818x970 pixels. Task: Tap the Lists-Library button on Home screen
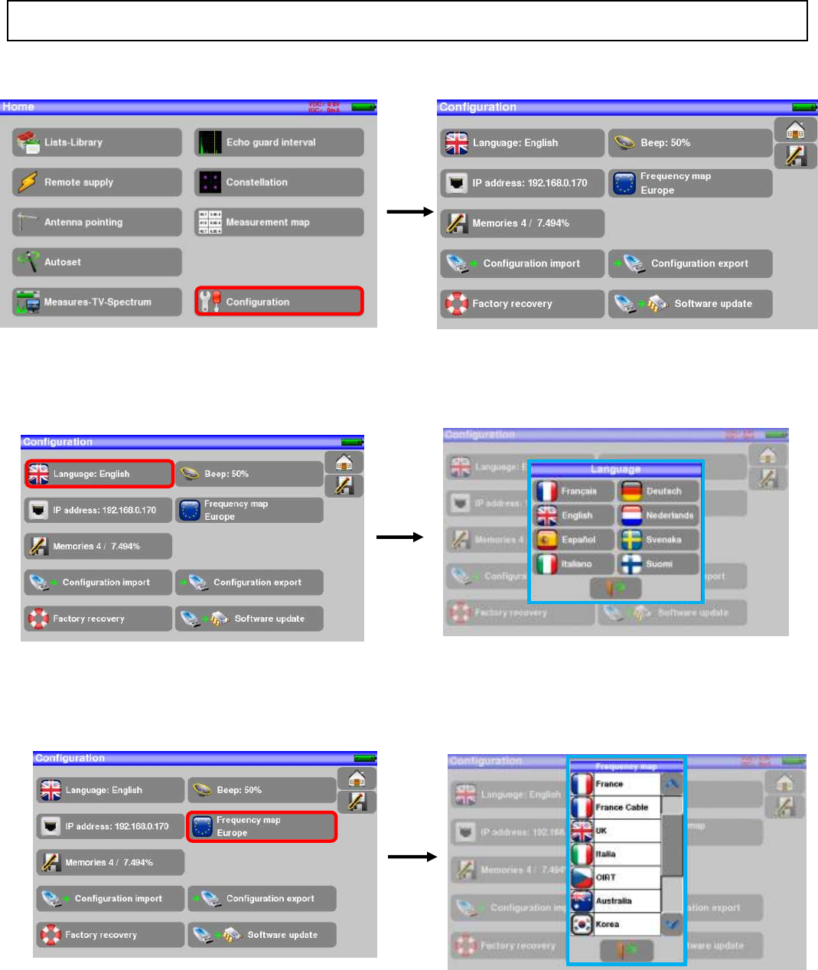pyautogui.click(x=97, y=142)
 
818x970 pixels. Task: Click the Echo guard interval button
pyautogui.click(x=279, y=142)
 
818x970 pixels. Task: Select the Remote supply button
pyautogui.click(x=97, y=182)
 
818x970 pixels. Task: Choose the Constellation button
pyautogui.click(x=279, y=182)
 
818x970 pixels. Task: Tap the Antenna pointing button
pyautogui.click(x=97, y=222)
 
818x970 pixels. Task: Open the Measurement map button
pyautogui.click(x=279, y=222)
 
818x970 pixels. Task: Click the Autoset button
pyautogui.click(x=97, y=262)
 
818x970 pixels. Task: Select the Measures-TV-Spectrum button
pyautogui.click(x=97, y=302)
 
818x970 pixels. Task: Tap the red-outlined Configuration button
pyautogui.click(x=279, y=302)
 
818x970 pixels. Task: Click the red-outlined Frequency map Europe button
pyautogui.click(x=262, y=827)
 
